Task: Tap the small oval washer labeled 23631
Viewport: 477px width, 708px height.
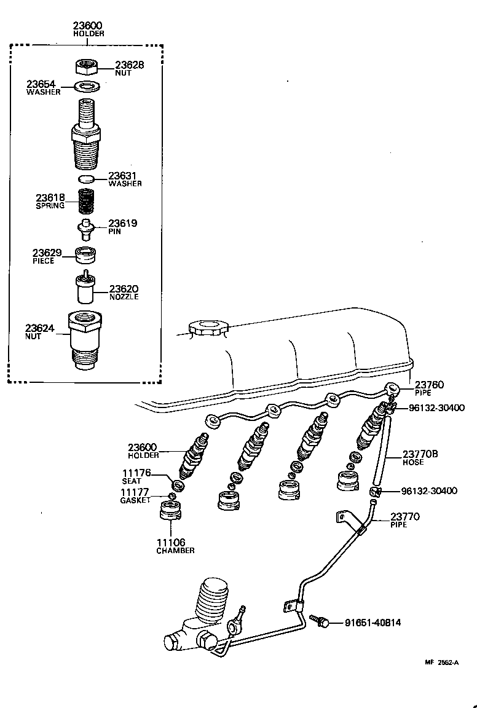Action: [x=87, y=179]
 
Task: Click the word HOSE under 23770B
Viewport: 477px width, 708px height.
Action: [x=413, y=462]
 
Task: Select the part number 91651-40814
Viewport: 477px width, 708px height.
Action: [x=373, y=623]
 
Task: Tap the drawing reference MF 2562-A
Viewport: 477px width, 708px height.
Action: [x=441, y=663]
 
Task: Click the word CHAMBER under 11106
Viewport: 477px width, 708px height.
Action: [x=175, y=551]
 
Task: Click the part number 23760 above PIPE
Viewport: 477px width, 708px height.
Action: [x=428, y=385]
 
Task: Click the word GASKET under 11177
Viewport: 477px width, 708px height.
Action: [x=135, y=500]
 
